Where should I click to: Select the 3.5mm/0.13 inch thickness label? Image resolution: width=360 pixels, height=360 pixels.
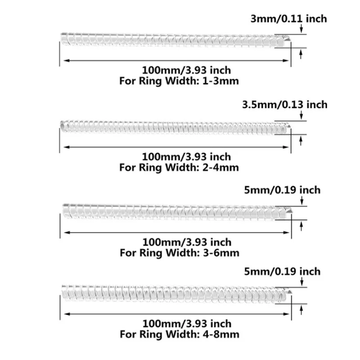point(285,104)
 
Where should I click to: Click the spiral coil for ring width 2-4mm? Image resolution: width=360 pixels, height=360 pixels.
point(173,126)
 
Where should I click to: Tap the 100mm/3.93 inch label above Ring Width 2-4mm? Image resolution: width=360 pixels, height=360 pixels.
point(186,157)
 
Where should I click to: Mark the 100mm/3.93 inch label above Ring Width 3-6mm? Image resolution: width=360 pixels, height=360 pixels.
point(186,243)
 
